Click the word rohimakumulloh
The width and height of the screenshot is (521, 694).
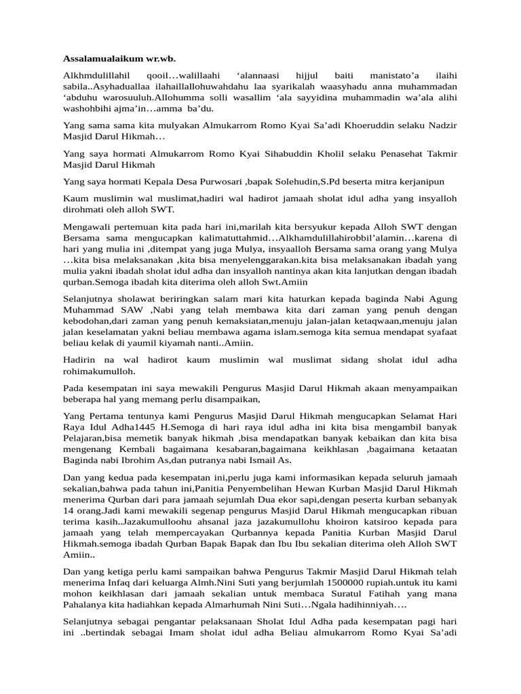(99, 371)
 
